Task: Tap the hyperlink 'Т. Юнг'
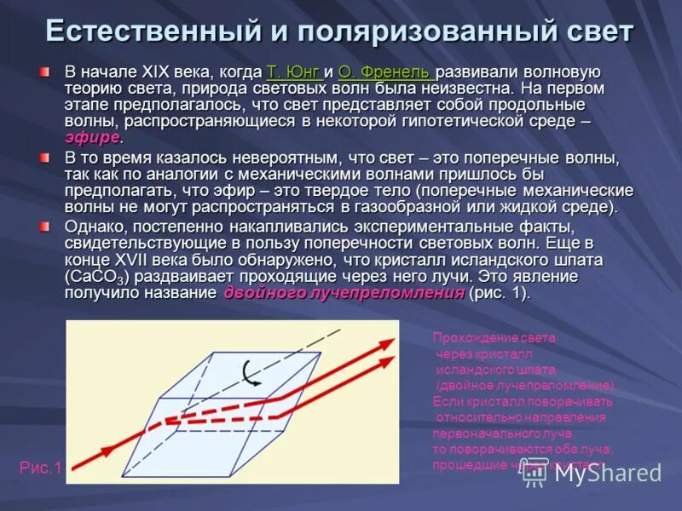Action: [293, 72]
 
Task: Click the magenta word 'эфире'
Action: [92, 138]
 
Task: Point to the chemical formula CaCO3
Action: [95, 278]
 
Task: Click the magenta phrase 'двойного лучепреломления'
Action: [344, 293]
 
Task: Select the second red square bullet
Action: [44, 159]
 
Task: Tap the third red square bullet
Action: [44, 227]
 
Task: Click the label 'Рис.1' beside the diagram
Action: [41, 467]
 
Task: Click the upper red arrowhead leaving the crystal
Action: [387, 343]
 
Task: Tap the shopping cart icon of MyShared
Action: [535, 471]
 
